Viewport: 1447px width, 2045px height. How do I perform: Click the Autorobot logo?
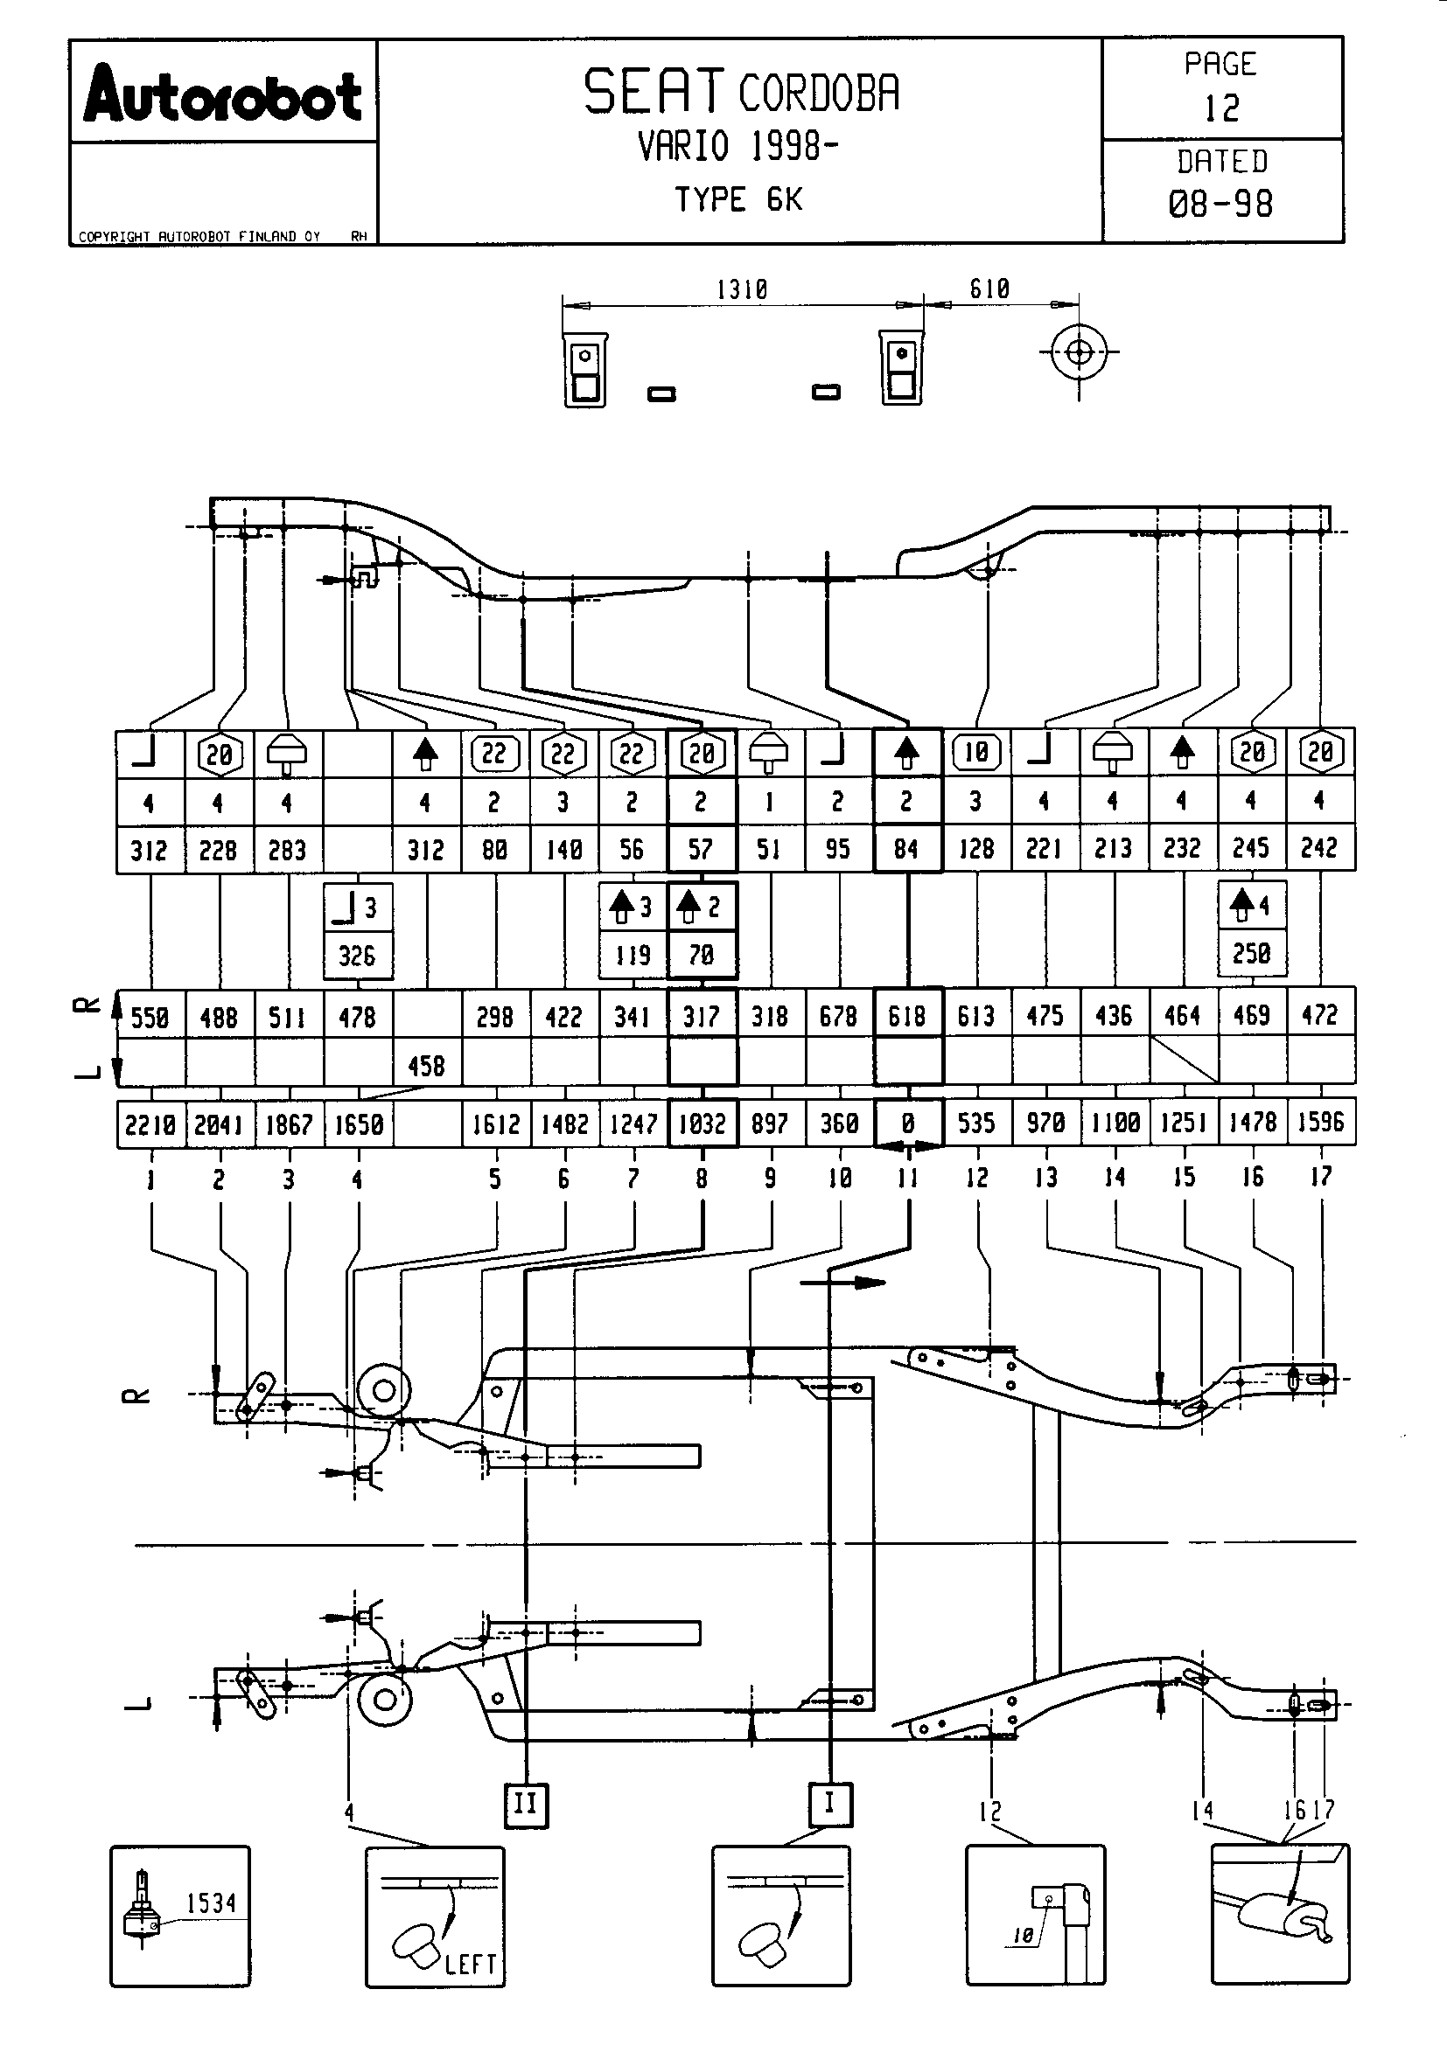click(x=223, y=94)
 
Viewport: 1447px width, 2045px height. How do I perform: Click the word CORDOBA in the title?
click(x=819, y=93)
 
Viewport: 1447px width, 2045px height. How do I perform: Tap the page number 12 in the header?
click(x=1221, y=108)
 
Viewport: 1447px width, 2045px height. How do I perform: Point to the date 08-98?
click(x=1220, y=204)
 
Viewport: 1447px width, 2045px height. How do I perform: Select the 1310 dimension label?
click(x=741, y=289)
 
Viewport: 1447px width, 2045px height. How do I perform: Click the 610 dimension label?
click(x=989, y=289)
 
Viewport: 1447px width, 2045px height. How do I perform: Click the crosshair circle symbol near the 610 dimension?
click(x=1079, y=352)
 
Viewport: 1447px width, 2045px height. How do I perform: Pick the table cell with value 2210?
click(x=150, y=1125)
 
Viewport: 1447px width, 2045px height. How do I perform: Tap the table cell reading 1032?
click(x=703, y=1124)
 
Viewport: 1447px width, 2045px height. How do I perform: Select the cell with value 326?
click(x=357, y=956)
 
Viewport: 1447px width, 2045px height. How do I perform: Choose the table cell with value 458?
click(x=426, y=1065)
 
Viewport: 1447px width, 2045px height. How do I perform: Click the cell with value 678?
click(x=838, y=1016)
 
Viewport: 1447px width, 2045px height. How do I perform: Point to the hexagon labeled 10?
click(x=976, y=753)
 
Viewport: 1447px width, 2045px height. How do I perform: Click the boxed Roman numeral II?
click(x=526, y=1804)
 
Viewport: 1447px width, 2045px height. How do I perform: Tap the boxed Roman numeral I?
click(x=829, y=1803)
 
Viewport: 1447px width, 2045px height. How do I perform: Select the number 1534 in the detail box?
click(x=211, y=1903)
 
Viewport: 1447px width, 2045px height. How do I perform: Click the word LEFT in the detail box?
click(x=471, y=1963)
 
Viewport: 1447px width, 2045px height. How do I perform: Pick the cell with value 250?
click(x=1251, y=954)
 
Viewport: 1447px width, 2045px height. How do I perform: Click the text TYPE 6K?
click(x=738, y=199)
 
